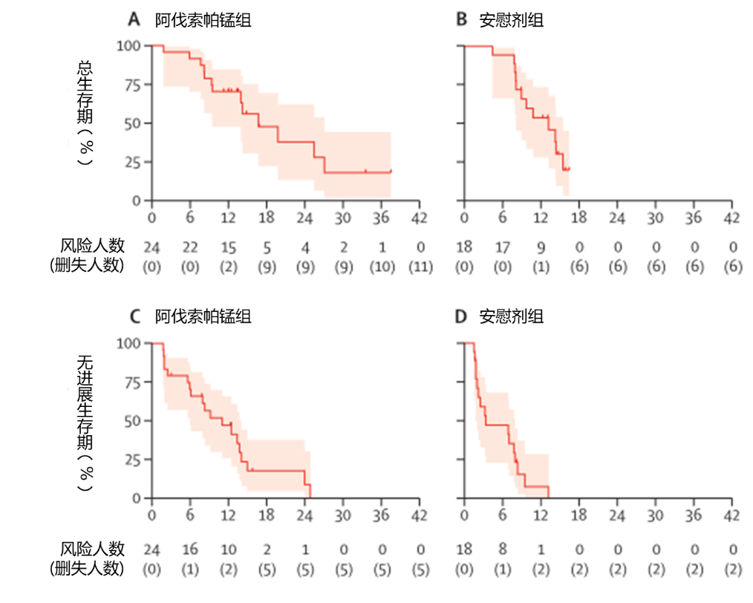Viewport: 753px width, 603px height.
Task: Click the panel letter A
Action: point(134,20)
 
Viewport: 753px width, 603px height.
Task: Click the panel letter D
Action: point(460,317)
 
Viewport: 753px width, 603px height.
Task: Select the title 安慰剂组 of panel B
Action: point(511,20)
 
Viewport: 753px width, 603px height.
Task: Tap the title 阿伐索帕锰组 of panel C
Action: point(203,317)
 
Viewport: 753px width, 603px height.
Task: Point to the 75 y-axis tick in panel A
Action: point(134,85)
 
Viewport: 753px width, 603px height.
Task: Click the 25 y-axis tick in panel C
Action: point(134,460)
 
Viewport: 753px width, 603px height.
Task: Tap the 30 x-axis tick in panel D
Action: point(655,515)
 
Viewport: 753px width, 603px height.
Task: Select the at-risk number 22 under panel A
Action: point(190,246)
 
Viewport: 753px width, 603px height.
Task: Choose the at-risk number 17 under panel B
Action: point(502,246)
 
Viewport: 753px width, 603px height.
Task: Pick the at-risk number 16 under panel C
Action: point(190,549)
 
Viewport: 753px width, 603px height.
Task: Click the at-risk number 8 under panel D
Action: point(502,549)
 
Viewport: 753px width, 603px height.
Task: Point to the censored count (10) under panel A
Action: point(381,267)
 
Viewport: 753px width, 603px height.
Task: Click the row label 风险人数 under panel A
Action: point(92,246)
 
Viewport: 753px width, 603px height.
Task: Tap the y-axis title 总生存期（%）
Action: point(85,111)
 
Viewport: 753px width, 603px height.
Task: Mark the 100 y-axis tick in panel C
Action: point(131,343)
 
